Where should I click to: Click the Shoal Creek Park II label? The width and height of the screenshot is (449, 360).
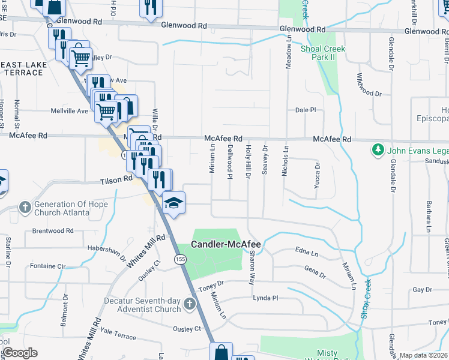326,53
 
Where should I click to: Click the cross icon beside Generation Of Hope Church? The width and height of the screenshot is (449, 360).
25,208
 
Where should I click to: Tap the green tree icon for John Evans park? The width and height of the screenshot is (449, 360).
378,149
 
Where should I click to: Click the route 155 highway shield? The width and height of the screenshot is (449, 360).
179,259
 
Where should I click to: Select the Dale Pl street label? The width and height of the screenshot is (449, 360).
306,110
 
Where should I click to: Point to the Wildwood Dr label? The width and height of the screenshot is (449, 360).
369,85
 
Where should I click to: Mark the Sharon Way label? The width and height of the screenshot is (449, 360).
252,265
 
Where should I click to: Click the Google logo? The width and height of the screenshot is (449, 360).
20,352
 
